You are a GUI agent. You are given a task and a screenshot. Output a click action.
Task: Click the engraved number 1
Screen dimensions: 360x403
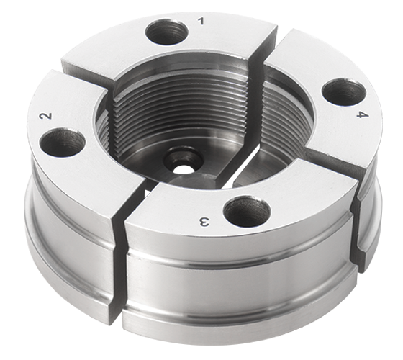click(x=200, y=21)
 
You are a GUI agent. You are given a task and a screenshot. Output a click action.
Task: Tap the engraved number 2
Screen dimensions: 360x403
click(x=46, y=115)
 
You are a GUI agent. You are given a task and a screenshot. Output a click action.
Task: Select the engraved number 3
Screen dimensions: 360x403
click(x=204, y=221)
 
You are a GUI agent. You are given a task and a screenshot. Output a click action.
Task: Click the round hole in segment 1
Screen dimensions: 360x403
click(x=166, y=32)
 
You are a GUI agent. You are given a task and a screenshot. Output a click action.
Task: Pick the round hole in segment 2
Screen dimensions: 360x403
click(x=62, y=142)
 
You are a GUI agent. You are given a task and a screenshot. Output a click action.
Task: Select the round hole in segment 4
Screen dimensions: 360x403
click(x=343, y=92)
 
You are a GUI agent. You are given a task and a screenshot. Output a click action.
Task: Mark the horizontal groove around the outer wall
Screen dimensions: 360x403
click(x=237, y=265)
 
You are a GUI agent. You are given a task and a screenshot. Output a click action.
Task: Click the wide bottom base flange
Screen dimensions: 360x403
click(x=216, y=328)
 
